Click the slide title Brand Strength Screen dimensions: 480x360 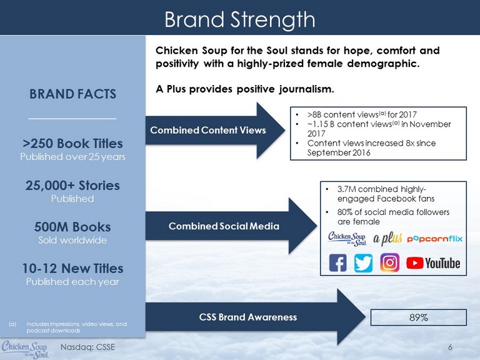point(240,19)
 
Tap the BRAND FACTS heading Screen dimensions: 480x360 point(72,94)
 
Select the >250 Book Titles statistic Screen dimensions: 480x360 point(72,143)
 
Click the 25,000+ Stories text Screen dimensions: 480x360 point(72,185)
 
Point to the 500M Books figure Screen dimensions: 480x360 point(72,227)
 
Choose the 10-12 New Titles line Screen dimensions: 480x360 point(72,269)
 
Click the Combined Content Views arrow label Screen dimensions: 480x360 point(208,130)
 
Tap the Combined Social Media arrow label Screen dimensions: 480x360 point(224,226)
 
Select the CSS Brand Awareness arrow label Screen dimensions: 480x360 point(248,317)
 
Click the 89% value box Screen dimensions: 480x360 point(419,317)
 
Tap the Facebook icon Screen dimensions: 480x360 point(337,262)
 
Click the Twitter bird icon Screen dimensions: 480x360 point(363,262)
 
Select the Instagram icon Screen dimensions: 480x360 point(390,262)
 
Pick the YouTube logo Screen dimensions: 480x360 point(433,263)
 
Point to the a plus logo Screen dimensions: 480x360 point(387,238)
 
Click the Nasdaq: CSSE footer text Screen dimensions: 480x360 point(88,347)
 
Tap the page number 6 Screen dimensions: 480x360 point(450,347)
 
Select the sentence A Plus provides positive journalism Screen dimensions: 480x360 point(245,89)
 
